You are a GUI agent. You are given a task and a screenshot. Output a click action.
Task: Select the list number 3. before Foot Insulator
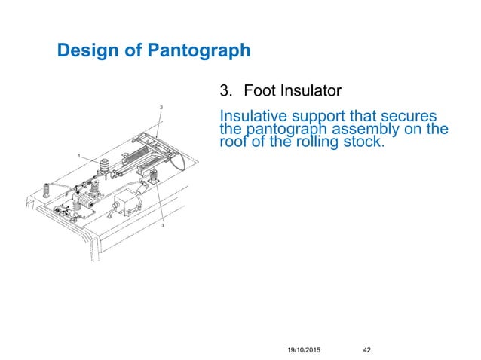225,92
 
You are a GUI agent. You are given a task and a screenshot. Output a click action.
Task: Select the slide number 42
368,349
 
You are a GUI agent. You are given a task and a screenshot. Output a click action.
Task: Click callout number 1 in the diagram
79,155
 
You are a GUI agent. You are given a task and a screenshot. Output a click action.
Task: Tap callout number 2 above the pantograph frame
161,108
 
